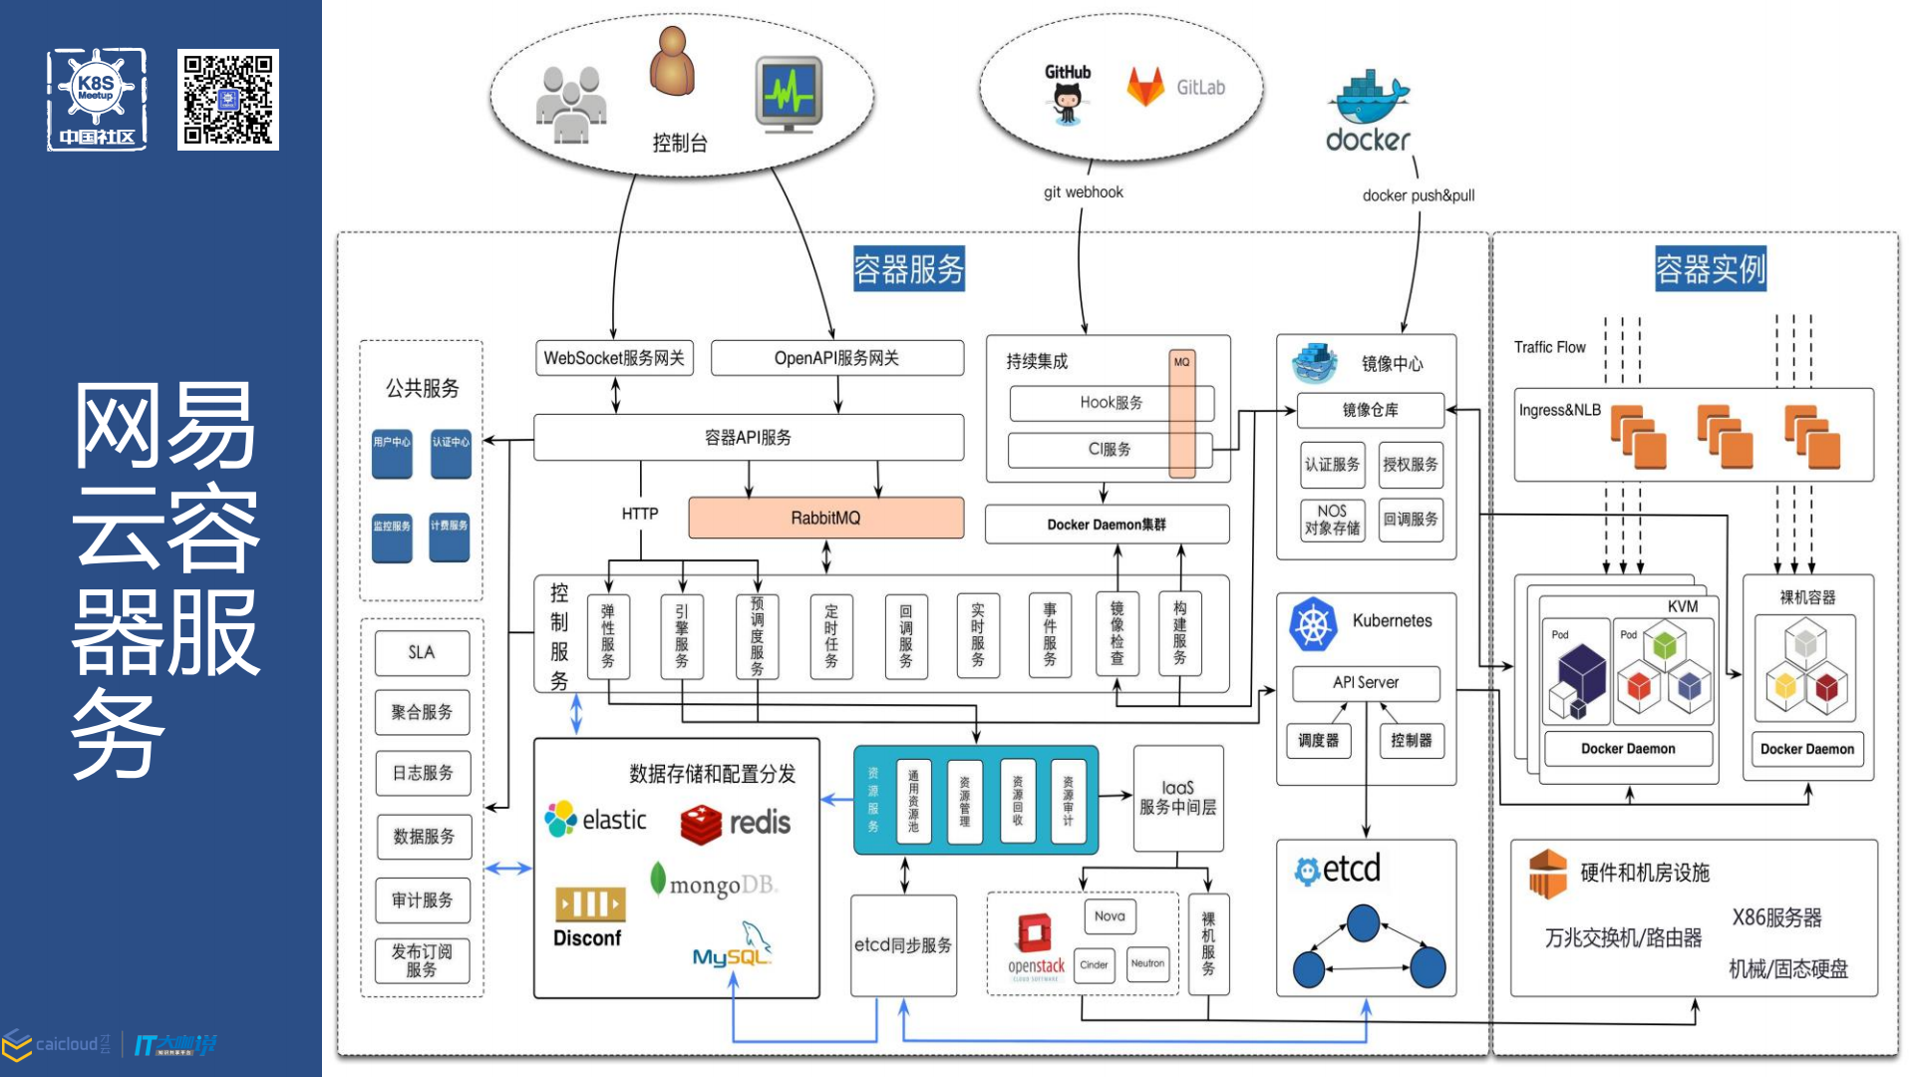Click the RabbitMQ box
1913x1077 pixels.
pos(825,518)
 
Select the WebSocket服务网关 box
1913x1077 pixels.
pos(614,358)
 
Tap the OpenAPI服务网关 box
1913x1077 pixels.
pos(836,358)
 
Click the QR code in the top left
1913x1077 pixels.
pos(228,100)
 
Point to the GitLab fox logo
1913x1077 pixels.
pos(1145,87)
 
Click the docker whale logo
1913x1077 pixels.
pos(1368,97)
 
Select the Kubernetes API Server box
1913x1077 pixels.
pos(1366,683)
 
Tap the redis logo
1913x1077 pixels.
pos(736,823)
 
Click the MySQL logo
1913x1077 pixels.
pos(733,947)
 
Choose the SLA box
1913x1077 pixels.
pos(422,652)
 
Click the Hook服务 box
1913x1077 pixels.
pos(1111,403)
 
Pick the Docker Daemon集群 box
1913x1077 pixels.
pos(1106,525)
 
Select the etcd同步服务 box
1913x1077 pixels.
pos(903,945)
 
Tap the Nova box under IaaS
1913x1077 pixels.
pos(1109,916)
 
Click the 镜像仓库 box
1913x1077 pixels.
pos(1370,410)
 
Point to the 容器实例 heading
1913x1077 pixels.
pos(1710,269)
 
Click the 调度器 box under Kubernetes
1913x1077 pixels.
pos(1318,740)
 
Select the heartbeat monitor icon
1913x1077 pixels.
pos(789,95)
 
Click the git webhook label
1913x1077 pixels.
pos(1083,192)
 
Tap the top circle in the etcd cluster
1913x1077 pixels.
pos(1363,922)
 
